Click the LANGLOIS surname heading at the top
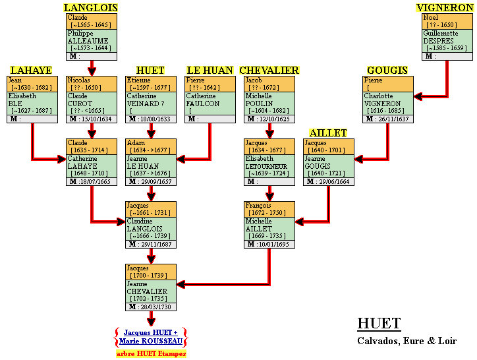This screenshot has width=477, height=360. click(x=91, y=8)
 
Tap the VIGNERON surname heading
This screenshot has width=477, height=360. click(x=445, y=8)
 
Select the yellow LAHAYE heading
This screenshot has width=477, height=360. click(x=31, y=71)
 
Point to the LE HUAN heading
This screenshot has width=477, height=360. click(x=210, y=71)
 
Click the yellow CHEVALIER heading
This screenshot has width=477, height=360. click(x=269, y=71)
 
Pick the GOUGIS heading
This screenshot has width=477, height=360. click(x=387, y=71)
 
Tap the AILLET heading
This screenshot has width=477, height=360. click(x=328, y=133)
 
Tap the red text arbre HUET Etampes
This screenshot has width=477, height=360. click(x=151, y=353)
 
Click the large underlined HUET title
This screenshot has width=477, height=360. click(x=379, y=324)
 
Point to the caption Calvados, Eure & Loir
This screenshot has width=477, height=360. click(x=407, y=341)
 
